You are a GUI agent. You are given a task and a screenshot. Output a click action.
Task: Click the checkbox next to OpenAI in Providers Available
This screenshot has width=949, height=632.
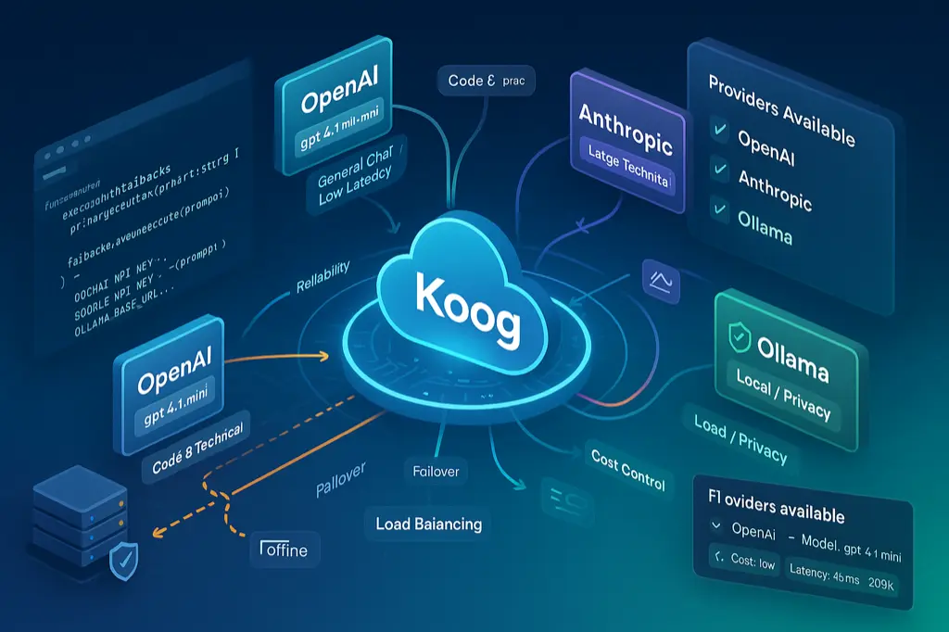pyautogui.click(x=715, y=133)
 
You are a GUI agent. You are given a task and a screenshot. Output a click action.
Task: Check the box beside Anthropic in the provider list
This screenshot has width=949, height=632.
pyautogui.click(x=715, y=171)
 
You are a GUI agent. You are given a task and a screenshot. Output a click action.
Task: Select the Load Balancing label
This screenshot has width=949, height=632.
pyautogui.click(x=428, y=524)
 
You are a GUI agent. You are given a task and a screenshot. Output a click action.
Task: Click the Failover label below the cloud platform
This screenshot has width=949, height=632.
pyautogui.click(x=435, y=472)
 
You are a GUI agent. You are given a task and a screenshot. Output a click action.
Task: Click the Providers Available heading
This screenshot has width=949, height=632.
pyautogui.click(x=781, y=109)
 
